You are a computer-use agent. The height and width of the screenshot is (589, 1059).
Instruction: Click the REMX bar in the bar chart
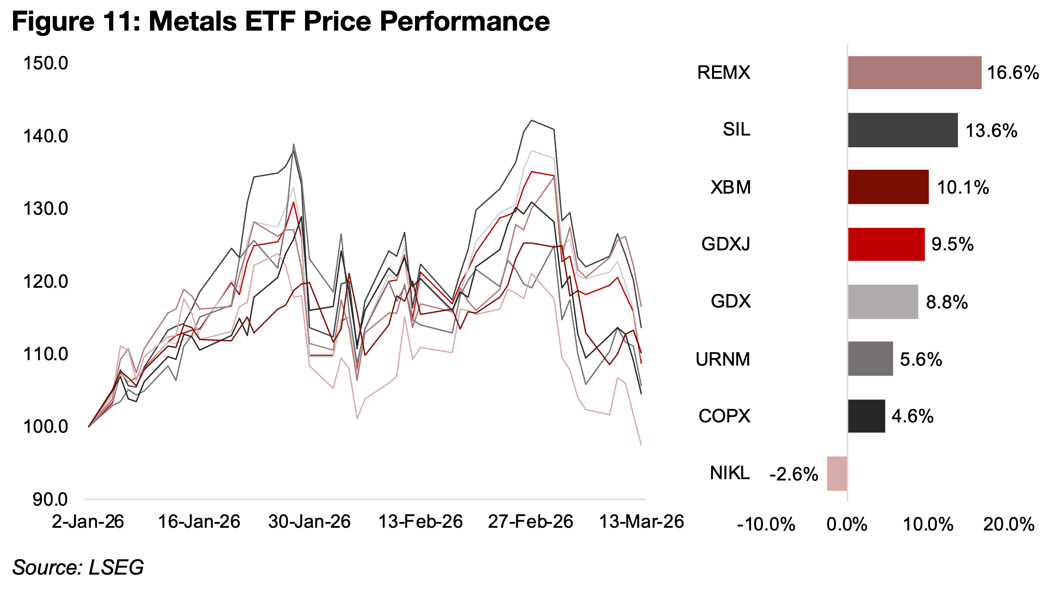tap(914, 72)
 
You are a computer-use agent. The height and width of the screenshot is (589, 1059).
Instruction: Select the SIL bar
tap(902, 130)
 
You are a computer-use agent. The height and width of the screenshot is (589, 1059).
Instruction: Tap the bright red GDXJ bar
tap(886, 244)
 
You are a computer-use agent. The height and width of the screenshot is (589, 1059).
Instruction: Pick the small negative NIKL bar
tap(837, 473)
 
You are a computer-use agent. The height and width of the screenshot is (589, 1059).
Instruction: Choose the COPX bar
tap(866, 416)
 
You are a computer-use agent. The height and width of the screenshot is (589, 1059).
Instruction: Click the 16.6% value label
tap(1013, 72)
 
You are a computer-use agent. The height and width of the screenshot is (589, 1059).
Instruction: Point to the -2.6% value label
tap(793, 474)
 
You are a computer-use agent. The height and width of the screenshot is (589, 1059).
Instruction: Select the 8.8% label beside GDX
tap(946, 302)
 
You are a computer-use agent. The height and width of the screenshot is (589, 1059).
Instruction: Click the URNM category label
tap(722, 359)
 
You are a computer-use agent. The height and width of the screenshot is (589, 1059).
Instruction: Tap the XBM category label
tap(730, 187)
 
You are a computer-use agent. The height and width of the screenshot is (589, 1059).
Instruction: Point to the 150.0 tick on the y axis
tap(46, 63)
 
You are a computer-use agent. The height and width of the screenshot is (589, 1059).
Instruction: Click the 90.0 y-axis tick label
tap(50, 499)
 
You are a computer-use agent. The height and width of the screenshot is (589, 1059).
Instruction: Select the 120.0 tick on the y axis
tap(46, 281)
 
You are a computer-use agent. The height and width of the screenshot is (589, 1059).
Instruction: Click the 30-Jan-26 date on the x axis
tap(309, 522)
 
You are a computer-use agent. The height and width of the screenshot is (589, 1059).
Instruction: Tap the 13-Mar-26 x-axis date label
tap(641, 522)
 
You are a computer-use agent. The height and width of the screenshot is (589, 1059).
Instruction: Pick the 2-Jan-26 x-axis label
tap(88, 522)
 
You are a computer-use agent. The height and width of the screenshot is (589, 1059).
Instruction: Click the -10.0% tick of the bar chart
tap(766, 525)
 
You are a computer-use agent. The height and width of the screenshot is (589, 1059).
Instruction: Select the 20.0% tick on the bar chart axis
tap(1009, 525)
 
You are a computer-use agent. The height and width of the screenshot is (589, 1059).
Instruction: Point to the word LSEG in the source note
tap(116, 567)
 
